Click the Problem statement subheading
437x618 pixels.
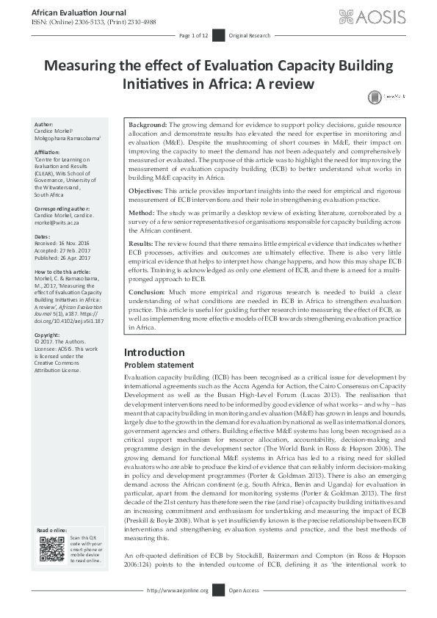(159, 365)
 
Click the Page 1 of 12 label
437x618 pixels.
(195, 35)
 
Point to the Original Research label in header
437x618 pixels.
(250, 35)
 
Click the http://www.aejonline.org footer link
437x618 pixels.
(178, 610)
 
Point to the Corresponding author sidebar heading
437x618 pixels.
(63, 209)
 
